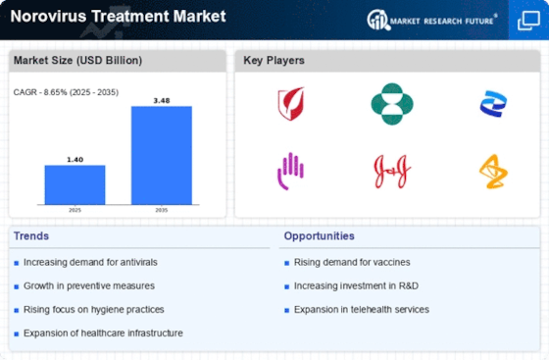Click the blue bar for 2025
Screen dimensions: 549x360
(75, 184)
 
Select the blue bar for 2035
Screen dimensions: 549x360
(162, 155)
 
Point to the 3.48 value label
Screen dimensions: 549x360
(162, 101)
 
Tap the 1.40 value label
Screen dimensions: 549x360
(75, 160)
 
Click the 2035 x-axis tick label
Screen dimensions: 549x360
(162, 210)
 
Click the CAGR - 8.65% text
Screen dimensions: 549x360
(40, 92)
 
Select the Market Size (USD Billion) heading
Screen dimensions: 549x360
(77, 60)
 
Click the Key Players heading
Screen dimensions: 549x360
(274, 60)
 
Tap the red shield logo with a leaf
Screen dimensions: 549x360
(291, 103)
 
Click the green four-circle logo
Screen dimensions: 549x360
(392, 104)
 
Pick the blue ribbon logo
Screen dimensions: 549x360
(493, 104)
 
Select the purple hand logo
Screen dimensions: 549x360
(290, 172)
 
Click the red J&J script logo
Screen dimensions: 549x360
(392, 172)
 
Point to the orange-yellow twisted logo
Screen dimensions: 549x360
(493, 172)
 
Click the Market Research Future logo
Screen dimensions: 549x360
(431, 20)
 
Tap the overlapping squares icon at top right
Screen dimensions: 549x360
(528, 21)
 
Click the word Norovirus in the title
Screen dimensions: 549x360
(48, 16)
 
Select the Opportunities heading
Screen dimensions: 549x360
(319, 236)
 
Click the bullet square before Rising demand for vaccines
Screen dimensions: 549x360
(286, 263)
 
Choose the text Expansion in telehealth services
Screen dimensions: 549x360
(362, 310)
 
